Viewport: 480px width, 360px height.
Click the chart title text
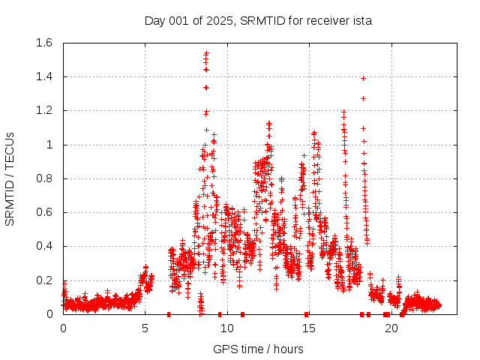(258, 20)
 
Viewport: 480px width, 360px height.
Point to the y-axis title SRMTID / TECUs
(10, 178)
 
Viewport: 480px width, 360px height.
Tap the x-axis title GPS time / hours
(258, 349)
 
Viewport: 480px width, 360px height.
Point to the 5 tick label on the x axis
(145, 328)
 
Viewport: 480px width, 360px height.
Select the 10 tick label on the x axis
(226, 328)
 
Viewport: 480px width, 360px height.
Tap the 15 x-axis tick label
(308, 328)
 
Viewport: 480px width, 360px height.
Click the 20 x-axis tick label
(390, 328)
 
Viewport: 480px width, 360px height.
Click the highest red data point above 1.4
(206, 53)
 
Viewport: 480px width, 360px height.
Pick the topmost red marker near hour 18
(363, 78)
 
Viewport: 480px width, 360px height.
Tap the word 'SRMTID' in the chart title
(259, 20)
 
